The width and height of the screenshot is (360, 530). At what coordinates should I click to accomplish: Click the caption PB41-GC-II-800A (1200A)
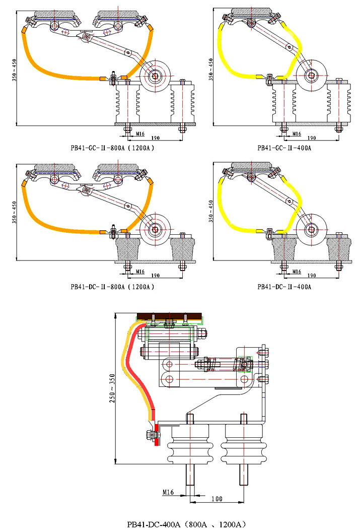[x=112, y=148]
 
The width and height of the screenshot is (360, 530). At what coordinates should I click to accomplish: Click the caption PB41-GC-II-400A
[x=284, y=148]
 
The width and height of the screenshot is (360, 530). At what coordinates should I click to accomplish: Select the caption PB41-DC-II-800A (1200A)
[x=112, y=287]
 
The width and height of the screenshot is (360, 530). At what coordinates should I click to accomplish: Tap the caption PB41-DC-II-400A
[x=284, y=287]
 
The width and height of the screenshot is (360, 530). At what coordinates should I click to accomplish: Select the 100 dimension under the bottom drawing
[x=217, y=499]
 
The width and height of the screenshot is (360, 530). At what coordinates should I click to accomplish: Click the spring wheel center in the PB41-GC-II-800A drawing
[x=154, y=77]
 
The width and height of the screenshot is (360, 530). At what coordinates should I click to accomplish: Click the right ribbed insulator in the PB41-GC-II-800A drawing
[x=182, y=103]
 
